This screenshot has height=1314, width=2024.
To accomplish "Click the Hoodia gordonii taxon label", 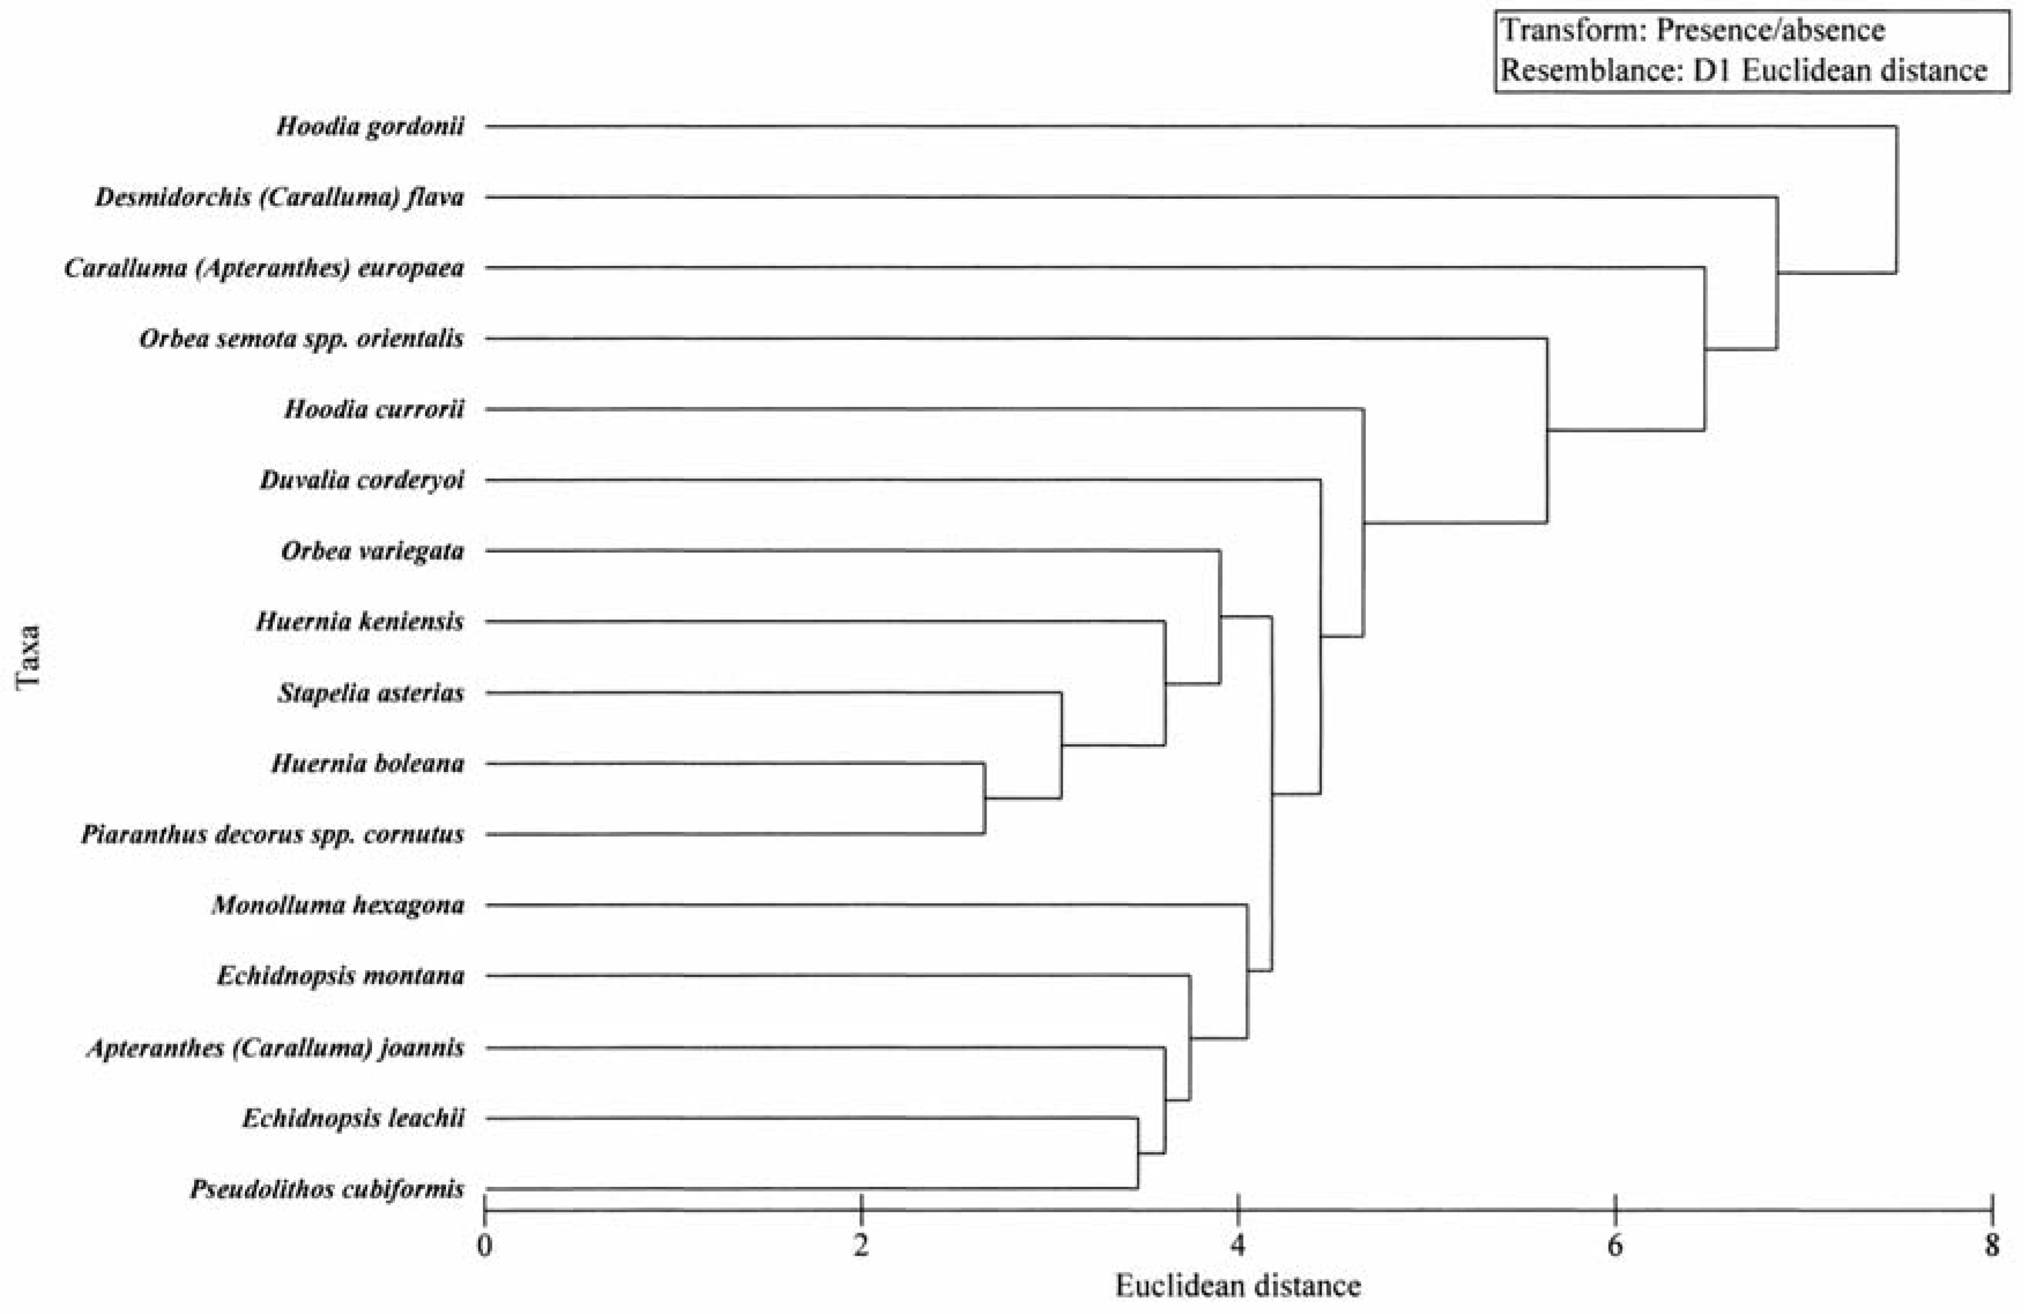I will pos(370,127).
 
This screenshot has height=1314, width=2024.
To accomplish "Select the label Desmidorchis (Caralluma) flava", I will pos(279,197).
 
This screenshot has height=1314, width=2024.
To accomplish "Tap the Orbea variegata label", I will pos(373,551).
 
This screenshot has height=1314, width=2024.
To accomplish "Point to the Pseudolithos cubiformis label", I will pos(326,1188).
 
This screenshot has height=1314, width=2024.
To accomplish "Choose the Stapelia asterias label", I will pos(371,693).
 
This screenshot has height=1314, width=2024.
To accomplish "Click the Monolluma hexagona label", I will pos(337,905).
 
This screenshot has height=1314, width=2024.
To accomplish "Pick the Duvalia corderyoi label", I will pos(362,481).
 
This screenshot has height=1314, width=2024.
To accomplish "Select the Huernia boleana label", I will pos(367,764).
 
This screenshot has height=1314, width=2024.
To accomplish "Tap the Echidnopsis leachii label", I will pos(353,1118).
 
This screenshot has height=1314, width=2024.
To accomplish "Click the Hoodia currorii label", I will pos(374,410).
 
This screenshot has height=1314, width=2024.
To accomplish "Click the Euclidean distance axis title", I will pos(1238,1286).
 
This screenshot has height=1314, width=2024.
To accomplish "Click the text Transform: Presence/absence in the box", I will pos(1692,31).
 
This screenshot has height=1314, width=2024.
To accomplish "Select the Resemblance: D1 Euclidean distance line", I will pos(1743,70).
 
